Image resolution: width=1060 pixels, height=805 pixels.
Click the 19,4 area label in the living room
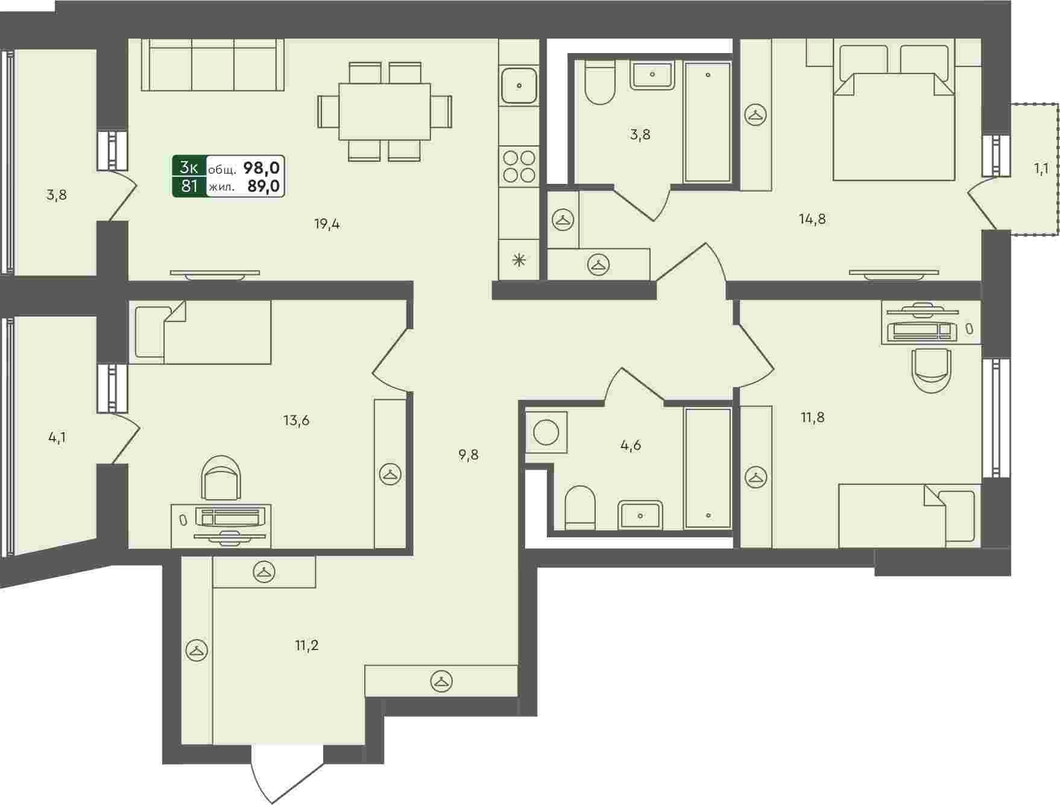pos(327,225)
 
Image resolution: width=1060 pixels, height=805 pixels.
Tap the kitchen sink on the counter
pos(519,86)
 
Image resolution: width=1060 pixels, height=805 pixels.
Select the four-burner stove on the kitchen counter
pos(519,166)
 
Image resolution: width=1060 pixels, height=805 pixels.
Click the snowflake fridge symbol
pos(519,260)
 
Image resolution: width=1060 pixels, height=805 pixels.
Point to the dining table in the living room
pos(385,112)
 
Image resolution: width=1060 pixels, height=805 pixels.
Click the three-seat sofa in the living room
pos(213,65)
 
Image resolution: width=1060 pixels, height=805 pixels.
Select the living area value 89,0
pos(263,186)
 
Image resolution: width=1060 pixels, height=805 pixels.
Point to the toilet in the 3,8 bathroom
pos(599,82)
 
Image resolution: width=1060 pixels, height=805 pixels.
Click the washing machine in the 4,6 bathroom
pos(546,432)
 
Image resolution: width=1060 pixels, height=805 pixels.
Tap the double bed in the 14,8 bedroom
pos(894,113)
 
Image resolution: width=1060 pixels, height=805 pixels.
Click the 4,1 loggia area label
pos(57,437)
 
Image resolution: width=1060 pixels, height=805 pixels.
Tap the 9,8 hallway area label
pos(468,455)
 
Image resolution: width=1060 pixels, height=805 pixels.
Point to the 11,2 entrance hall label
pos(306,646)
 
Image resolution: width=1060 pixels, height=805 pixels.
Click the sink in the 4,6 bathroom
pos(640,515)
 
